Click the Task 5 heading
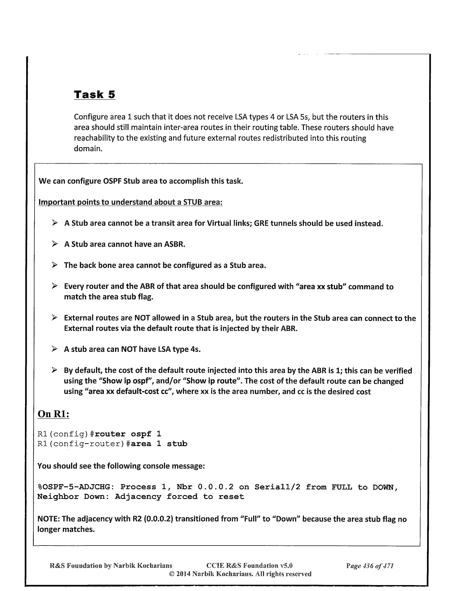[x=94, y=94]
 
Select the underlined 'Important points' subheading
[x=130, y=202]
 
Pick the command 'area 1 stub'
[x=159, y=443]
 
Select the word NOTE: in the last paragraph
[x=49, y=519]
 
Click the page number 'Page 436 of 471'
[x=370, y=565]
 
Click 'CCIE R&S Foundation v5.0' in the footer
[x=249, y=565]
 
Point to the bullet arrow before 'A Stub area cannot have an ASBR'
[x=55, y=244]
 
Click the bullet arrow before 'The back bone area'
[x=55, y=265]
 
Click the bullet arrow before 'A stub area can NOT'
[x=55, y=349]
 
